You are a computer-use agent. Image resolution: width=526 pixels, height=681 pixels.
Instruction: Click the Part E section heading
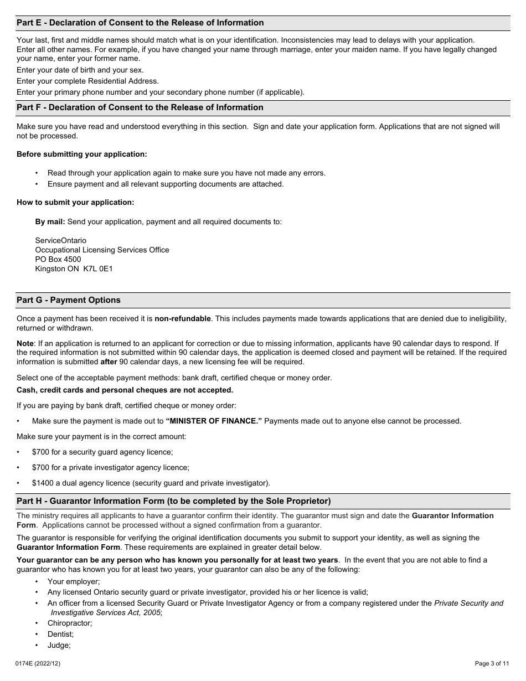(x=140, y=23)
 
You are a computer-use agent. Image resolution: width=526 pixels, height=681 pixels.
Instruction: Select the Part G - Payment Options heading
(x=69, y=300)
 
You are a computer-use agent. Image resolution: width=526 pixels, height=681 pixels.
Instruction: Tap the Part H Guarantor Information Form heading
(x=173, y=501)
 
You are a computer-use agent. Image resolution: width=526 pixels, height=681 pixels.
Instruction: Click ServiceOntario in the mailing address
(x=60, y=241)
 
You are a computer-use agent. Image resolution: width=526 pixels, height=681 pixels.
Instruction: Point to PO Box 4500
(x=58, y=259)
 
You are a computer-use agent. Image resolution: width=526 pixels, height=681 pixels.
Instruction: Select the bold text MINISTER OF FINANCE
(x=213, y=421)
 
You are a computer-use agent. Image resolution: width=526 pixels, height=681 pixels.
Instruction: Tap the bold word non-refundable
(x=183, y=318)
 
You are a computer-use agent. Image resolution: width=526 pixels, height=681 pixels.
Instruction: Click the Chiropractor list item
(x=70, y=623)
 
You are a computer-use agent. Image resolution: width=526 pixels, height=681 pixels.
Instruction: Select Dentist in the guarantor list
(x=60, y=634)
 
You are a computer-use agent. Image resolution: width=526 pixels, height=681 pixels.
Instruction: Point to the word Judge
(x=59, y=645)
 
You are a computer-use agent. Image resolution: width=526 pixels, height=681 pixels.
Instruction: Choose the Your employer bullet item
(x=74, y=581)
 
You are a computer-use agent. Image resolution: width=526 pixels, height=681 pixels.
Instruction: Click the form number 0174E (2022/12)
(x=38, y=663)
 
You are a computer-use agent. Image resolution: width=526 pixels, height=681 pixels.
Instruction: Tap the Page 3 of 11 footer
(x=492, y=663)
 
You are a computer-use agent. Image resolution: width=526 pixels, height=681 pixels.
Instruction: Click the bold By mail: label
(x=50, y=221)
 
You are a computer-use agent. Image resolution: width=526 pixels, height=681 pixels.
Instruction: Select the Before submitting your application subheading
(x=82, y=154)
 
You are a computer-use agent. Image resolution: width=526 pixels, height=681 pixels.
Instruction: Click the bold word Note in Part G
(x=25, y=343)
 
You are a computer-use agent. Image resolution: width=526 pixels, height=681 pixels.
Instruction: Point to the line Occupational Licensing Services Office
(x=102, y=250)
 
